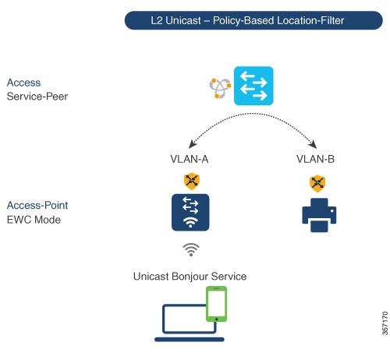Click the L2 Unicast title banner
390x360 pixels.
[253, 20]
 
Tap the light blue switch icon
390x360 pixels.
[253, 86]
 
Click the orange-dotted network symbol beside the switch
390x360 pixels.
[220, 88]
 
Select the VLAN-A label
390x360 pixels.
[190, 159]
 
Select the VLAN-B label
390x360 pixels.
[315, 159]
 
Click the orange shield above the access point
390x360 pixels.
[192, 181]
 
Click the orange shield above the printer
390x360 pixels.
[317, 184]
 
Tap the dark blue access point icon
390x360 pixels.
[190, 212]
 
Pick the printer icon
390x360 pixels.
[319, 215]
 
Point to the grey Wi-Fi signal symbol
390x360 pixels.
[191, 250]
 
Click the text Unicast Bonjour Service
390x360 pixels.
[190, 277]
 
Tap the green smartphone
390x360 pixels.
[216, 304]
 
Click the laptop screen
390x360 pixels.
[185, 319]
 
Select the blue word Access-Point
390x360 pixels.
[37, 205]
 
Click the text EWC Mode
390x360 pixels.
[34, 220]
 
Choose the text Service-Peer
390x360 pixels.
[37, 97]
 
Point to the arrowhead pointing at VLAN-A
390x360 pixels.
[193, 143]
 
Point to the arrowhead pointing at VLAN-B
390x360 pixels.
[313, 144]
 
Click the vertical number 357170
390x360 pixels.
[385, 323]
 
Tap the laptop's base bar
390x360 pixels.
[190, 340]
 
